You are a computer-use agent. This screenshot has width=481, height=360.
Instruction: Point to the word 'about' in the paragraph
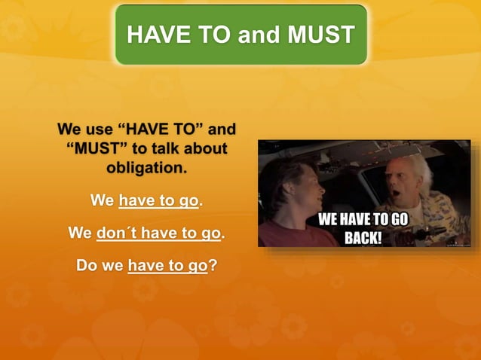[204, 148]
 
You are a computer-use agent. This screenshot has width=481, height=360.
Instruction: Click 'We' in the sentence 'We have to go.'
[102, 201]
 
